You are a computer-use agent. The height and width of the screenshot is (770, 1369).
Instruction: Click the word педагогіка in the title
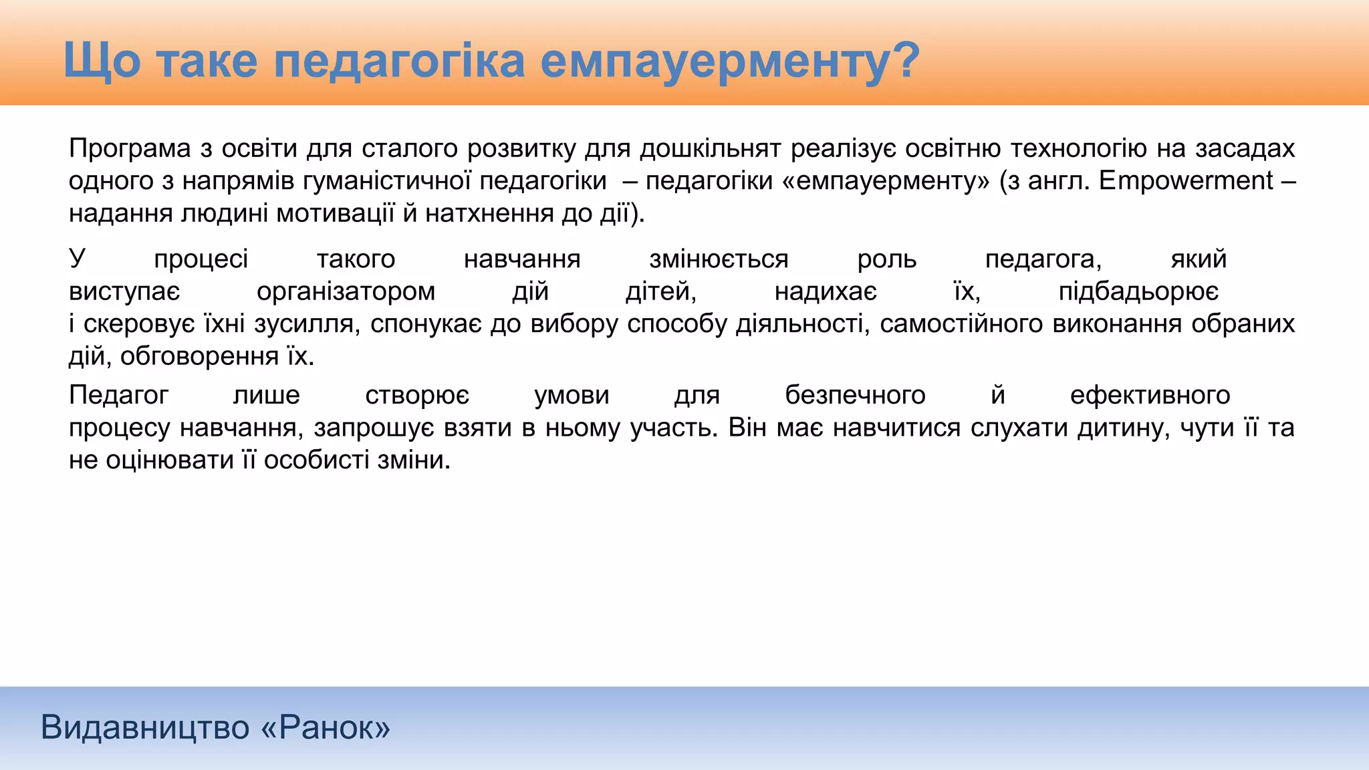[x=399, y=61]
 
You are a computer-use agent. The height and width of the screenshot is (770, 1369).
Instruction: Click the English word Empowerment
[x=1186, y=181]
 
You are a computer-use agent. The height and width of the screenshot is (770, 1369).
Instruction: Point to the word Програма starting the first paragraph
[x=130, y=148]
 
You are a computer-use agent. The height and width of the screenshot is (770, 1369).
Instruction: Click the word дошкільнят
[x=710, y=148]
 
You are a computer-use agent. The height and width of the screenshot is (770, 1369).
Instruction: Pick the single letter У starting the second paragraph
[x=78, y=259]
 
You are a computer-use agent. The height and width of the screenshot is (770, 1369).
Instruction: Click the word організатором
[x=346, y=291]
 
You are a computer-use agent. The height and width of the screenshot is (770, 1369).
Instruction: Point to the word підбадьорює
[x=1138, y=291]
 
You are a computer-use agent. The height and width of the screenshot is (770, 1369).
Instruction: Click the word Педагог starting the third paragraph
[x=118, y=396]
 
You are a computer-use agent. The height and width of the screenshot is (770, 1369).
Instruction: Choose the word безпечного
[x=855, y=396]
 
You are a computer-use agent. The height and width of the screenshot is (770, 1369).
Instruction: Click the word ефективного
[x=1150, y=396]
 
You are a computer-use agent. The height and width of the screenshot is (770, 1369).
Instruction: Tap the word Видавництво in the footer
[x=144, y=727]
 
